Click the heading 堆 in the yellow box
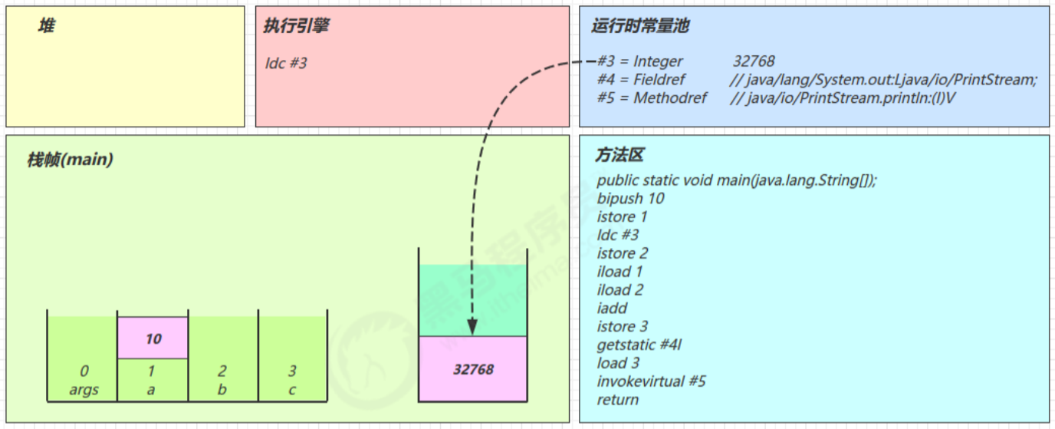coord(47,27)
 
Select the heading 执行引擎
coord(297,26)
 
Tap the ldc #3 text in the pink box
coord(286,63)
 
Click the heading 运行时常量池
coord(640,26)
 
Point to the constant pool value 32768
coord(754,61)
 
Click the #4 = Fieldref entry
coord(642,80)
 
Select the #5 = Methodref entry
coord(652,98)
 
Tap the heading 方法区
coord(620,155)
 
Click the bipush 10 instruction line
coord(631,199)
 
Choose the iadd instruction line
coord(612,309)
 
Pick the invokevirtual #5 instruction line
coord(652,381)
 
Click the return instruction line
coord(618,400)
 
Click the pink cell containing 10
coord(153,338)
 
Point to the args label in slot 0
coord(84,390)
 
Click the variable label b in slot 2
coord(222,390)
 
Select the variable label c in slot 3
coord(292,390)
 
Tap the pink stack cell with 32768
coord(473,369)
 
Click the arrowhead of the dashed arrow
coord(472,328)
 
